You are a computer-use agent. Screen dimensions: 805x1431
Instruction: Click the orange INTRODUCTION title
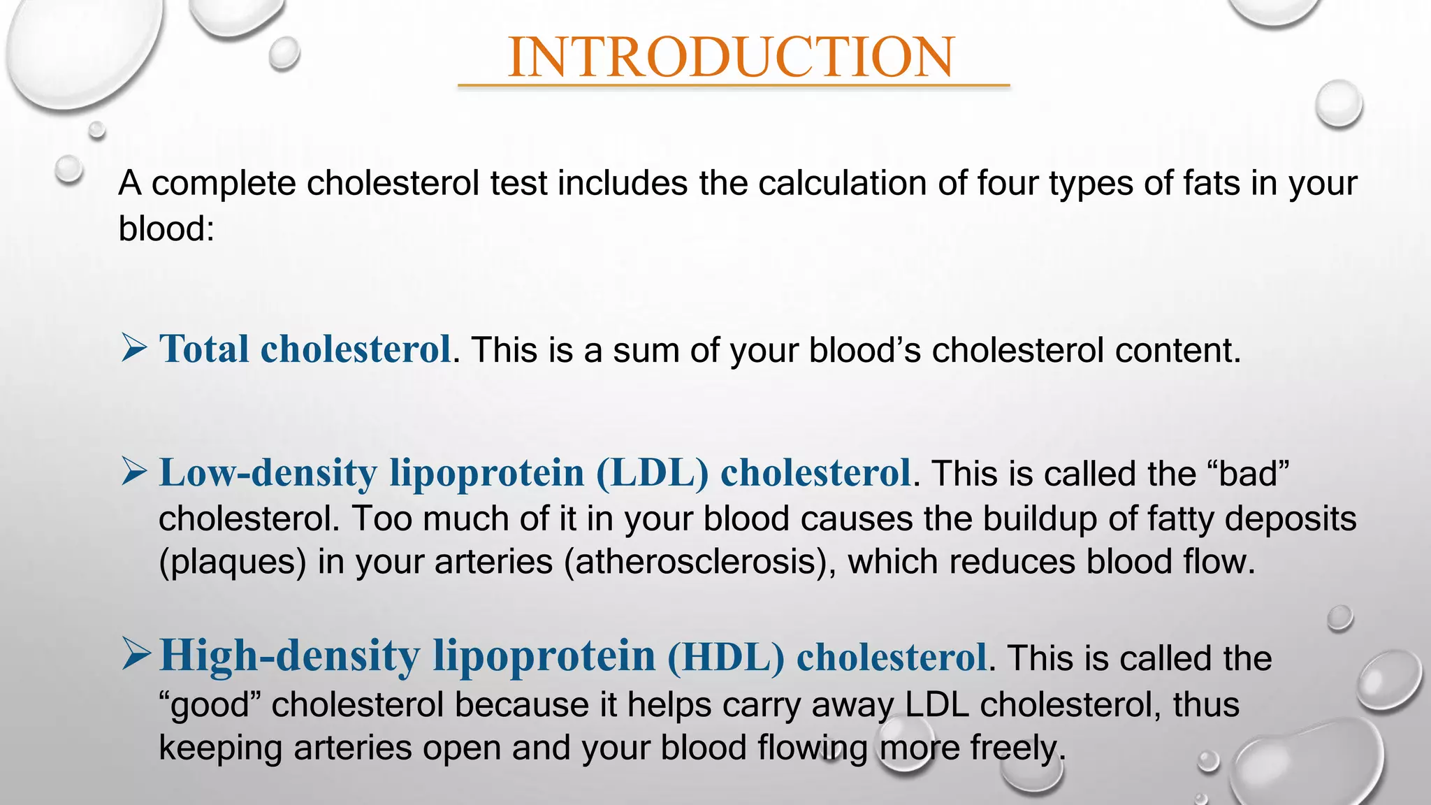(731, 57)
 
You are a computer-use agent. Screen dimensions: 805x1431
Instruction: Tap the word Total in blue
(204, 349)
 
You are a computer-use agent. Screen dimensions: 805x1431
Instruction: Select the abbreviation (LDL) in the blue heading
(652, 472)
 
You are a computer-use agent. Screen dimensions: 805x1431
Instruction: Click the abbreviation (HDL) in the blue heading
(726, 657)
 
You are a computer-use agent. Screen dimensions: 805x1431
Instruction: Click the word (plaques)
(233, 562)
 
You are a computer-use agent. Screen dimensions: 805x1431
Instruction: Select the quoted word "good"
(210, 704)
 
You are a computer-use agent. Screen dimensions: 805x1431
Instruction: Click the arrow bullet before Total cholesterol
(133, 347)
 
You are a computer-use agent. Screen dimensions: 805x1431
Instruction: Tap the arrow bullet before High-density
(135, 654)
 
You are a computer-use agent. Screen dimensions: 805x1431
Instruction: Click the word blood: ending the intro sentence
(166, 229)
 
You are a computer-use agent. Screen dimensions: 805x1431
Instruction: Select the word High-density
(289, 656)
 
